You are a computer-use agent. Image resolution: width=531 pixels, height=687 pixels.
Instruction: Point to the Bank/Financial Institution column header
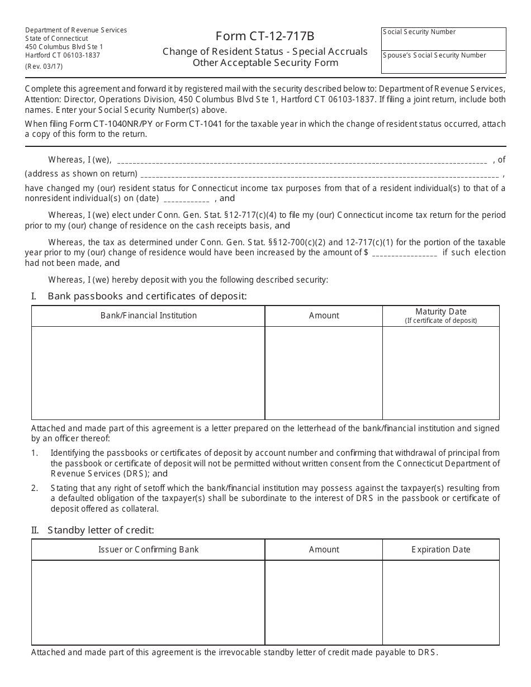click(148, 316)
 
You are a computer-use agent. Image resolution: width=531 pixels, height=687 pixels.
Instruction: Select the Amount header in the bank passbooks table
click(324, 316)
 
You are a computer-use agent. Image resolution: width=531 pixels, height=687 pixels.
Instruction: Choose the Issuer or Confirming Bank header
click(148, 550)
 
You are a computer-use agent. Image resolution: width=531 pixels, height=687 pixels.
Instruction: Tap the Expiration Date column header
click(440, 550)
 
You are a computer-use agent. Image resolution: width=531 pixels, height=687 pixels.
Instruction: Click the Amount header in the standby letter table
click(324, 550)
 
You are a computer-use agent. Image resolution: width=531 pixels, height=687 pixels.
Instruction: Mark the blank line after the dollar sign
click(404, 254)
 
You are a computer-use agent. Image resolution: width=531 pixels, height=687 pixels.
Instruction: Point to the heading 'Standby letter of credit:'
click(101, 530)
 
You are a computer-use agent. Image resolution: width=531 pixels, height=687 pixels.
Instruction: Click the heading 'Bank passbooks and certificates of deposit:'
click(147, 296)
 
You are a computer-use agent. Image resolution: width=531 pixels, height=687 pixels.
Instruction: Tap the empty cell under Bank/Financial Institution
click(148, 373)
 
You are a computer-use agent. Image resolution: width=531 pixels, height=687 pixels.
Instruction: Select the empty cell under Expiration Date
click(440, 602)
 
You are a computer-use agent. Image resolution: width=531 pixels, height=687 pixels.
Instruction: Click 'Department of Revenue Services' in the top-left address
click(76, 30)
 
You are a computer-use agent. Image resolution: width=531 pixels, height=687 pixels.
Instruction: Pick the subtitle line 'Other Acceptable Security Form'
click(265, 63)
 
